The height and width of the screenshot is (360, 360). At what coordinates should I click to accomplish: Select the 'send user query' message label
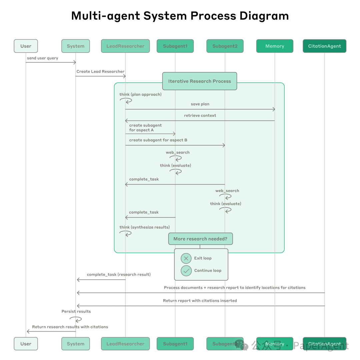(x=43, y=58)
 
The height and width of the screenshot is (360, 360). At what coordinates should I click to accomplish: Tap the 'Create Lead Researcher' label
(x=100, y=72)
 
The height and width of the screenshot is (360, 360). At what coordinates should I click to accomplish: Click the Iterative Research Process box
(x=200, y=81)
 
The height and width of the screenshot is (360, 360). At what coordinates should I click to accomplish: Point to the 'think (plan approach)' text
(x=140, y=95)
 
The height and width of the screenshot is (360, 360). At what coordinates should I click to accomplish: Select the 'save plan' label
(x=200, y=104)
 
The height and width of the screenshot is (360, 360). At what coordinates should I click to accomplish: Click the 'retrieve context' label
(x=200, y=116)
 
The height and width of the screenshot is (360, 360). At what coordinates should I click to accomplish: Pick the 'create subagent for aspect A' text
(x=145, y=128)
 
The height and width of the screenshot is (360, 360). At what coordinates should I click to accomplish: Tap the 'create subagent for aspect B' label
(x=158, y=140)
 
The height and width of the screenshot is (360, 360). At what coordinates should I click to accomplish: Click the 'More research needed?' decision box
(x=200, y=239)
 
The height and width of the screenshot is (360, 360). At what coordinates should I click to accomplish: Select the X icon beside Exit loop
(x=186, y=258)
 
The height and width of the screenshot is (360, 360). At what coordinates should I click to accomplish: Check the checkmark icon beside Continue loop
(x=186, y=271)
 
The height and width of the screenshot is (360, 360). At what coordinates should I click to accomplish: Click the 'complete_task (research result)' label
(x=119, y=275)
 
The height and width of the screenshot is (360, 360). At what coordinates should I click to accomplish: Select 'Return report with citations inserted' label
(x=200, y=301)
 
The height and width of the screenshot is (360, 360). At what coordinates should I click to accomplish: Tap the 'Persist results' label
(x=76, y=312)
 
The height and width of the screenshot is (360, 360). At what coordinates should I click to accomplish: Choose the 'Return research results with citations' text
(x=70, y=327)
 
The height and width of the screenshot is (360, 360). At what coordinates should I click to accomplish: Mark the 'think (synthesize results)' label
(x=144, y=227)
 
